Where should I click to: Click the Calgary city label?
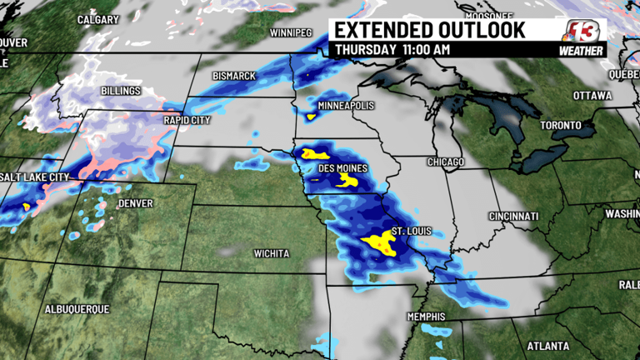click(x=99, y=19)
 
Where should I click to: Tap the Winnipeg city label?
click(x=291, y=33)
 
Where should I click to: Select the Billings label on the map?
click(x=121, y=91)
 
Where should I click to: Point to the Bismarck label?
click(x=234, y=76)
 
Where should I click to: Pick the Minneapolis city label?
click(x=346, y=106)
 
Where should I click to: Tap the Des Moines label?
click(x=343, y=168)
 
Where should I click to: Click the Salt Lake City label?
click(x=35, y=177)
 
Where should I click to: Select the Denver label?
click(x=136, y=203)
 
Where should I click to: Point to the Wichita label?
click(x=272, y=253)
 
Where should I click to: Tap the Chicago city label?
click(x=446, y=161)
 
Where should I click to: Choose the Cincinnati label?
click(x=513, y=217)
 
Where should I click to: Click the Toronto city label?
click(x=560, y=125)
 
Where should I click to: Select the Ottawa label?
click(x=593, y=96)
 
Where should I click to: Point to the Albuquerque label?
click(x=77, y=308)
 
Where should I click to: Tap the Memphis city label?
click(x=426, y=317)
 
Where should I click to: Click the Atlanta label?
click(x=547, y=346)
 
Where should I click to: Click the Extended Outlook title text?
click(x=430, y=30)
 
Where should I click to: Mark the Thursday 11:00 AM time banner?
click(x=392, y=50)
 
